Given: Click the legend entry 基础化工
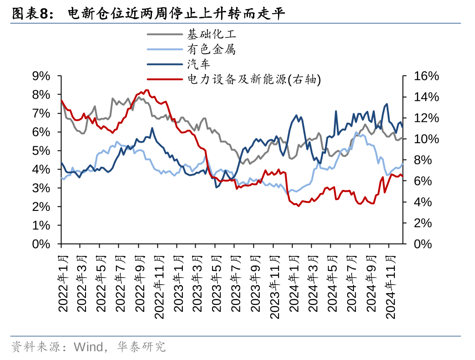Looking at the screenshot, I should [212, 34].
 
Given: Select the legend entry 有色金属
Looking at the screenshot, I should [212, 49].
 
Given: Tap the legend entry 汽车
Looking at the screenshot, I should [199, 64].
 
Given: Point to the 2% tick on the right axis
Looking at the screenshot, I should [423, 223].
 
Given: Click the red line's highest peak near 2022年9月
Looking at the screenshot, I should [147, 90].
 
